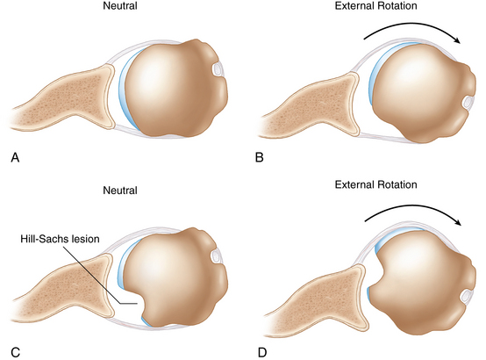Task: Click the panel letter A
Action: tap(15, 157)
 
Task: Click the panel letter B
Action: tap(260, 157)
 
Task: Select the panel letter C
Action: tap(15, 353)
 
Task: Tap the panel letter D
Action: tap(262, 353)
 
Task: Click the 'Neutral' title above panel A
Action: tap(120, 6)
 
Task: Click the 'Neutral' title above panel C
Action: tap(120, 190)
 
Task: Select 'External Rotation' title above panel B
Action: tap(375, 5)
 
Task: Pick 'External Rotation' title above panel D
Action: tap(375, 184)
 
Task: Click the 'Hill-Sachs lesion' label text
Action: tap(60, 239)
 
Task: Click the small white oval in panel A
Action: tap(218, 69)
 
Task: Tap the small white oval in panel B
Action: tap(468, 102)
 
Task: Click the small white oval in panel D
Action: tap(467, 297)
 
